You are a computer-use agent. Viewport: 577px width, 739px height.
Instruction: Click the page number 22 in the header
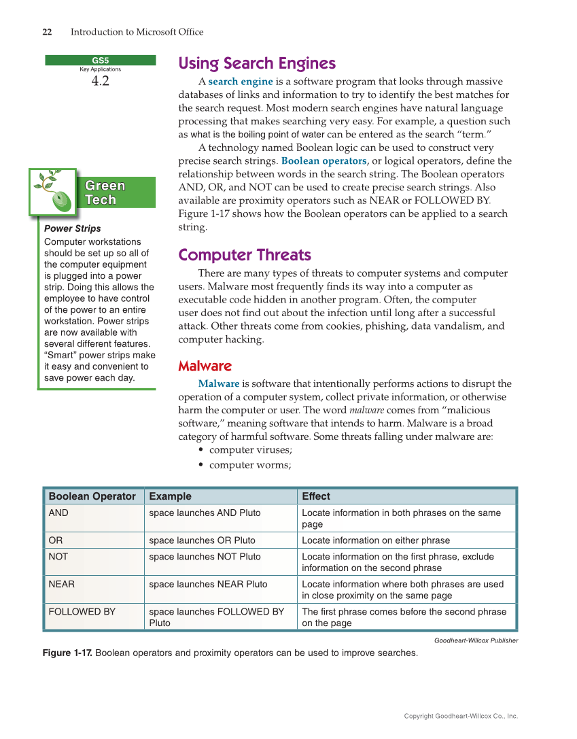pyautogui.click(x=48, y=32)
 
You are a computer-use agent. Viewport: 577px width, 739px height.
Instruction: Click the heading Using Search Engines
pyautogui.click(x=256, y=64)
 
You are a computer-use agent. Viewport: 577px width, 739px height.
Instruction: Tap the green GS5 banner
pyautogui.click(x=101, y=60)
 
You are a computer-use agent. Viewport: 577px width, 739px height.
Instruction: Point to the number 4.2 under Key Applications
pyautogui.click(x=100, y=82)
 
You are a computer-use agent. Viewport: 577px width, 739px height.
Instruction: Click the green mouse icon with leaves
pyautogui.click(x=54, y=192)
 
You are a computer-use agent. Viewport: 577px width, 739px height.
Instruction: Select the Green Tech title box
pyautogui.click(x=105, y=192)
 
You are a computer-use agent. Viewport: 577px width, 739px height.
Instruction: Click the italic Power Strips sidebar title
pyautogui.click(x=72, y=228)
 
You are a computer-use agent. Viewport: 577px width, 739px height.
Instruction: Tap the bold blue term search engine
pyautogui.click(x=240, y=82)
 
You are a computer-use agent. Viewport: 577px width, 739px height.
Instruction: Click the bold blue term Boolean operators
pyautogui.click(x=324, y=161)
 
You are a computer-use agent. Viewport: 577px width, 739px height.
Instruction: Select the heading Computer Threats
pyautogui.click(x=244, y=256)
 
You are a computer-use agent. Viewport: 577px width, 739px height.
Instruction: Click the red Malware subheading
pyautogui.click(x=205, y=366)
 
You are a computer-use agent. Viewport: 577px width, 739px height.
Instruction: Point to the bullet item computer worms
pyautogui.click(x=249, y=465)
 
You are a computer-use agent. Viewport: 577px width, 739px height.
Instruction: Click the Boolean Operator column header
pyautogui.click(x=92, y=496)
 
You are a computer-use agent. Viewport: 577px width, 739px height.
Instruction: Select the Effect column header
pyautogui.click(x=315, y=496)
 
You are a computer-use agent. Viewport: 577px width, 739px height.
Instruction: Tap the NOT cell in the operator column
pyautogui.click(x=58, y=556)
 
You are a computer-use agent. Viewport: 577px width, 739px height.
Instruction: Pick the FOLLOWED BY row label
pyautogui.click(x=82, y=611)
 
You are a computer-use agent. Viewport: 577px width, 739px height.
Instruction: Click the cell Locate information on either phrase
pyautogui.click(x=375, y=540)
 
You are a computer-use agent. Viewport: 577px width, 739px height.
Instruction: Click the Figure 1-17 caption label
pyautogui.click(x=67, y=653)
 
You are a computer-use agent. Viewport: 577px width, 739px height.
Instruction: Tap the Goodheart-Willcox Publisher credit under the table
pyautogui.click(x=476, y=640)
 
